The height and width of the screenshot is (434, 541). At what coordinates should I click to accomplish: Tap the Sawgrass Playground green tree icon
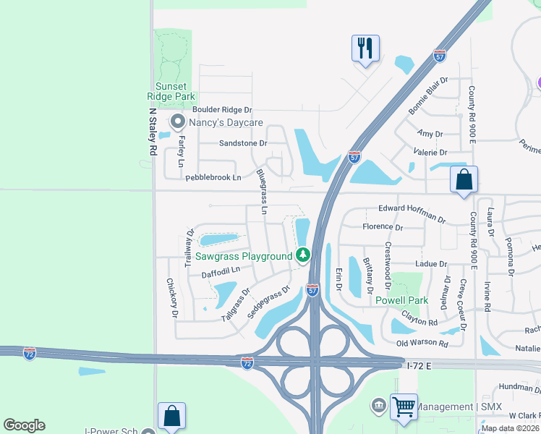(303, 255)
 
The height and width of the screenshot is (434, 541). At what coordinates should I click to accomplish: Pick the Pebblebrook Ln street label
(213, 177)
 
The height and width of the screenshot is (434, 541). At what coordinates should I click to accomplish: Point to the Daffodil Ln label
(220, 273)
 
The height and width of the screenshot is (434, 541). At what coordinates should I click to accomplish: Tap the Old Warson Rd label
(422, 343)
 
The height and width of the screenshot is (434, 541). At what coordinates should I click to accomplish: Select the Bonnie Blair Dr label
(429, 97)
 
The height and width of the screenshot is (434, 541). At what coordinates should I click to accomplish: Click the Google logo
(25, 425)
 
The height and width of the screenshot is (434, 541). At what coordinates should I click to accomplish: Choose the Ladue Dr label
(433, 265)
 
